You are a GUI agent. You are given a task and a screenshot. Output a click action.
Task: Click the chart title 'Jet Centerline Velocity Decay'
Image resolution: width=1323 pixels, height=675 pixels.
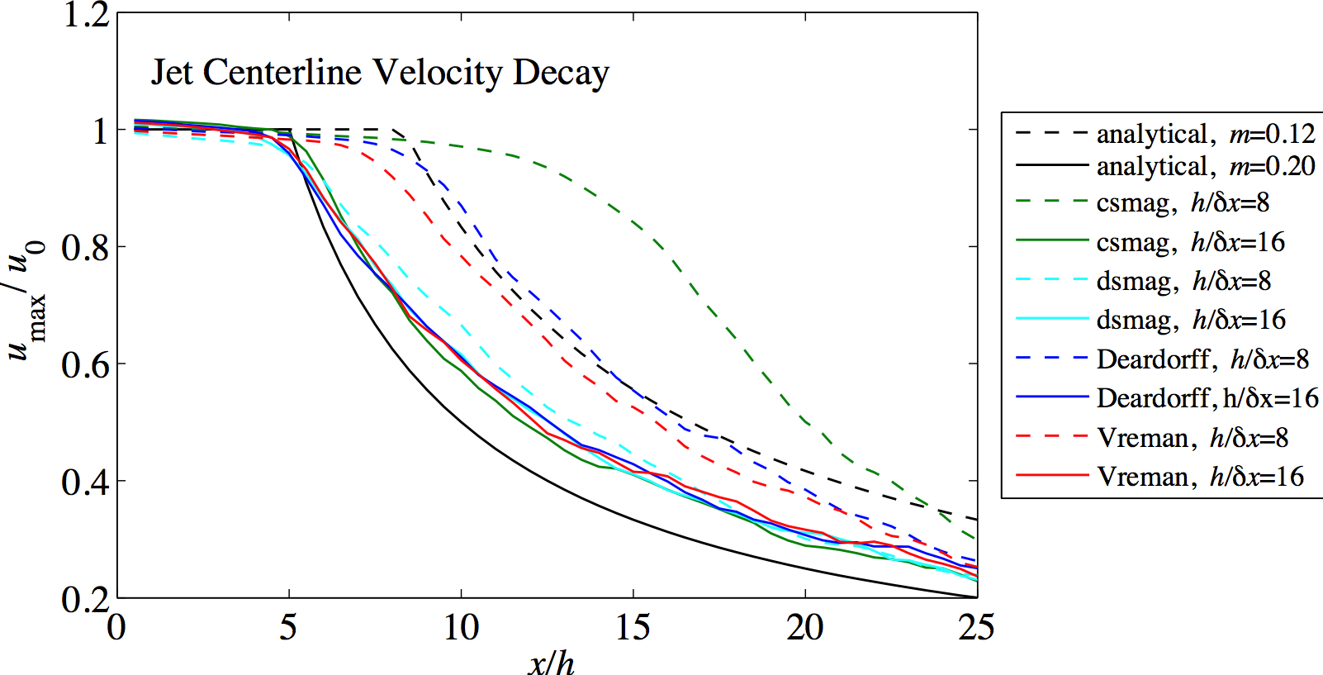tap(380, 74)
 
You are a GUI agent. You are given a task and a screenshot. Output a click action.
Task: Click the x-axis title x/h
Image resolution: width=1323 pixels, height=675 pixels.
tap(551, 661)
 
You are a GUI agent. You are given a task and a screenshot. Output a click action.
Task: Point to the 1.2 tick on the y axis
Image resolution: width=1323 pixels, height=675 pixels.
tap(86, 15)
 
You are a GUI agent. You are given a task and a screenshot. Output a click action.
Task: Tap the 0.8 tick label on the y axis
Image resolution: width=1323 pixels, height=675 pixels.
tap(86, 247)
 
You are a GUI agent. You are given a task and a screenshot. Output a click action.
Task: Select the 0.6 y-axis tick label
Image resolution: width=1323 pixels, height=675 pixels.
tap(86, 364)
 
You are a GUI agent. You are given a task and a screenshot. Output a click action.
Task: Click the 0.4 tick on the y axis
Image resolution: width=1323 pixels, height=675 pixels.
tap(86, 482)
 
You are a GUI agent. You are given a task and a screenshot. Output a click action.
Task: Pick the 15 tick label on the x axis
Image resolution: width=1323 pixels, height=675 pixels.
tap(633, 628)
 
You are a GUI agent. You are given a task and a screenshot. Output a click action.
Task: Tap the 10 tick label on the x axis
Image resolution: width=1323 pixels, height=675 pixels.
tap(461, 628)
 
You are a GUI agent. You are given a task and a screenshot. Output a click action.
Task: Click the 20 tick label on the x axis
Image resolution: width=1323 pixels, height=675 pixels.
tap(804, 628)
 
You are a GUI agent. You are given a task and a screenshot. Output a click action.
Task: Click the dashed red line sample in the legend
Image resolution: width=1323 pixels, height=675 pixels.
tap(1051, 436)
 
